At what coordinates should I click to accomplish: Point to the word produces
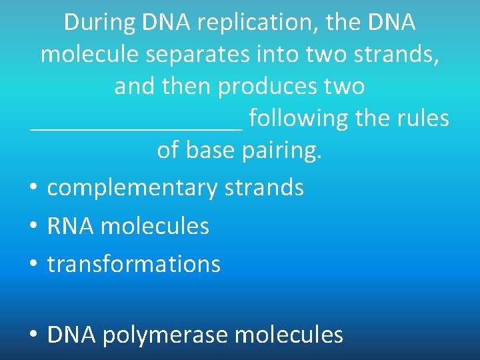click(x=265, y=87)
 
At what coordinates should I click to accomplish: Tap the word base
click(x=211, y=151)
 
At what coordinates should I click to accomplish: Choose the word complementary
click(x=132, y=189)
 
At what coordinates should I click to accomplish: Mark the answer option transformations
click(x=133, y=265)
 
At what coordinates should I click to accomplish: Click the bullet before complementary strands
click(x=32, y=189)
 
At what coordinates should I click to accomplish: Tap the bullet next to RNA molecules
click(x=32, y=227)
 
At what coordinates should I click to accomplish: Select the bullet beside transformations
click(x=32, y=265)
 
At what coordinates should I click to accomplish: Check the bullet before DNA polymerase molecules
click(x=32, y=335)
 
